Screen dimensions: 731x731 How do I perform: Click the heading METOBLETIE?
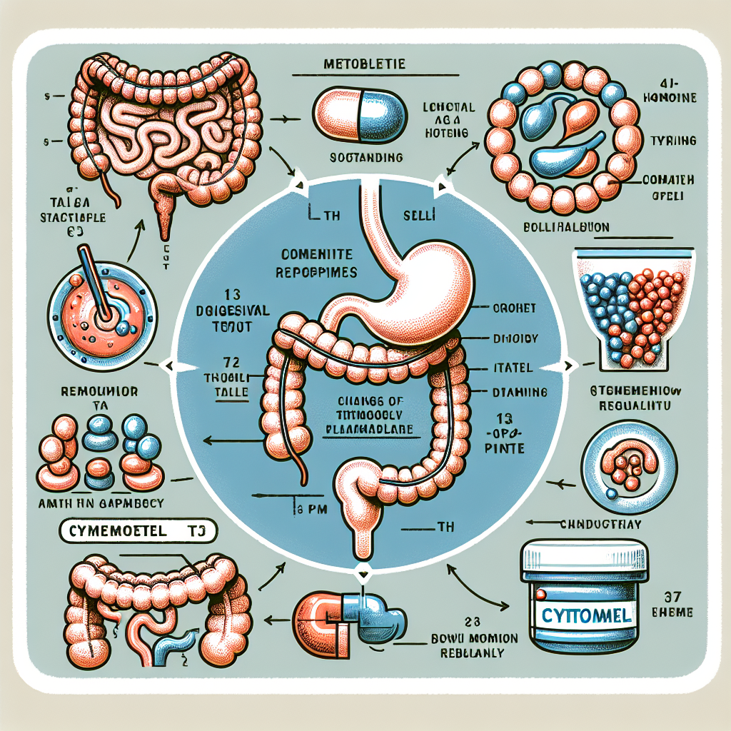click(x=365, y=64)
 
